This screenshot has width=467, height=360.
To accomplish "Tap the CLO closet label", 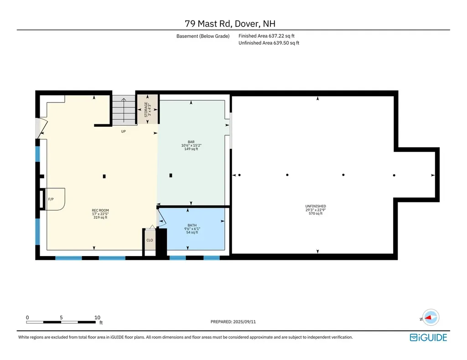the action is pos(150,240).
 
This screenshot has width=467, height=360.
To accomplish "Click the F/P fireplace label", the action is pos(51,199).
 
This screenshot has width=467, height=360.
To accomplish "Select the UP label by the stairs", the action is pos(123,131).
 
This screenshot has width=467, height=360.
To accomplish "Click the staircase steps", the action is pos(124,110).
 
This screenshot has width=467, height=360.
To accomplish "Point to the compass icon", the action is pos(431,318).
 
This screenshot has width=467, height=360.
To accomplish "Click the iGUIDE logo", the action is pos(428,337).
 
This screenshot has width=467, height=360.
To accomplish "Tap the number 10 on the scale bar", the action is pos(98,318).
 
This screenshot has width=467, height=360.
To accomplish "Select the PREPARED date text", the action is pos(233,322).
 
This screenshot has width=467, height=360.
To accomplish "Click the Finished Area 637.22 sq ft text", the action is pos(266,36).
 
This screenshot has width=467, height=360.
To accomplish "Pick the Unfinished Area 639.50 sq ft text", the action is pos(269,43).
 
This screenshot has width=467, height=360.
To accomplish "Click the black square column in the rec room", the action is pos(104,176).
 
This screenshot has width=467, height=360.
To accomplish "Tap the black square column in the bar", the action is pos(171,175).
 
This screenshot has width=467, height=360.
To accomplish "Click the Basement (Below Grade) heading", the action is pos(203,36).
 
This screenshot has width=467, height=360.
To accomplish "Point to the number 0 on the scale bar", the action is pos(27,318).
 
